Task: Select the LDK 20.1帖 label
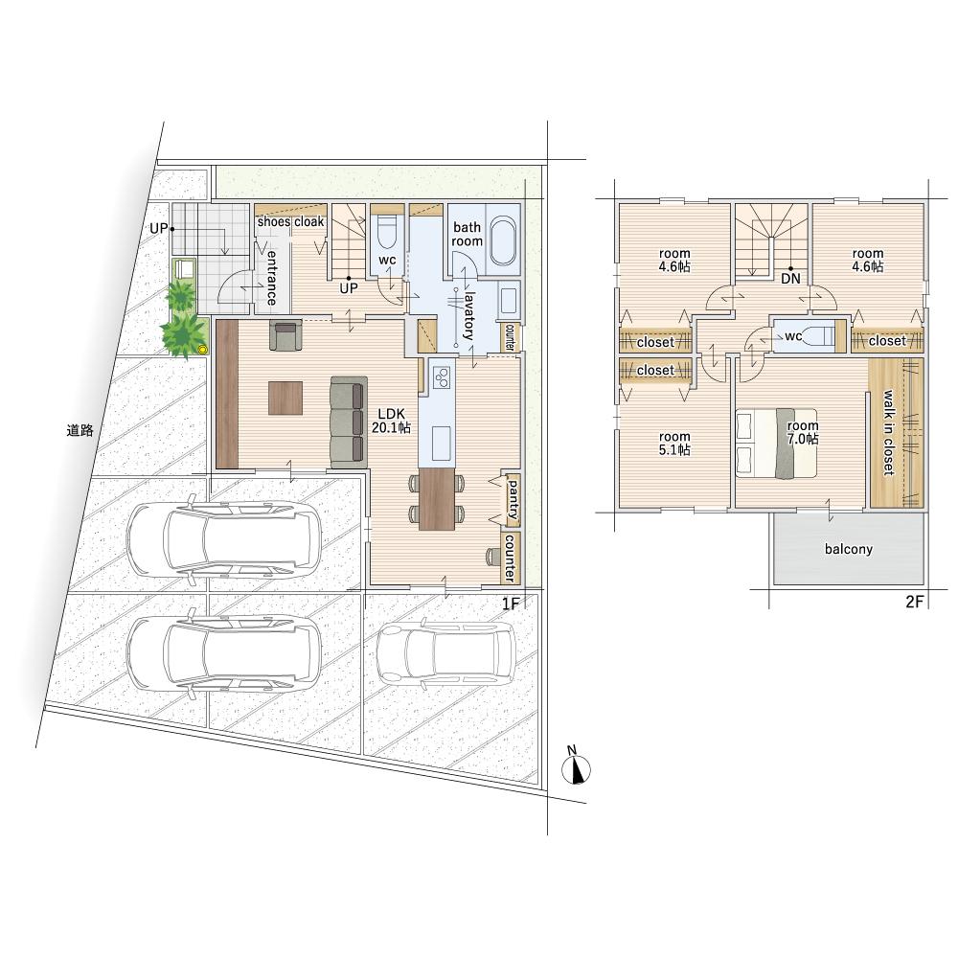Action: click(391, 421)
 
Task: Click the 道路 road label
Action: click(80, 430)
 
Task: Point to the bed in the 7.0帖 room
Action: click(777, 443)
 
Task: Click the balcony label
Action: click(848, 549)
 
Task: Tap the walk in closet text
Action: click(888, 433)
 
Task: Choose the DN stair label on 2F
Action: click(790, 279)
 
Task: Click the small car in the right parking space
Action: click(445, 652)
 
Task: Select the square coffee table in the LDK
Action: click(285, 398)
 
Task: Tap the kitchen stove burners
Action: click(441, 377)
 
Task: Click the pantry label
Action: click(513, 499)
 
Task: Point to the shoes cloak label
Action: click(290, 222)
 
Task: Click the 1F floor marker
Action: click(511, 604)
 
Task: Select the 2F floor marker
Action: click(914, 602)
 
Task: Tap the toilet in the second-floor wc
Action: click(815, 336)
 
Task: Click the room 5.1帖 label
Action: click(674, 443)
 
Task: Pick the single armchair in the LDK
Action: click(285, 336)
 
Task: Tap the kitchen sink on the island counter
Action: click(441, 443)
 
